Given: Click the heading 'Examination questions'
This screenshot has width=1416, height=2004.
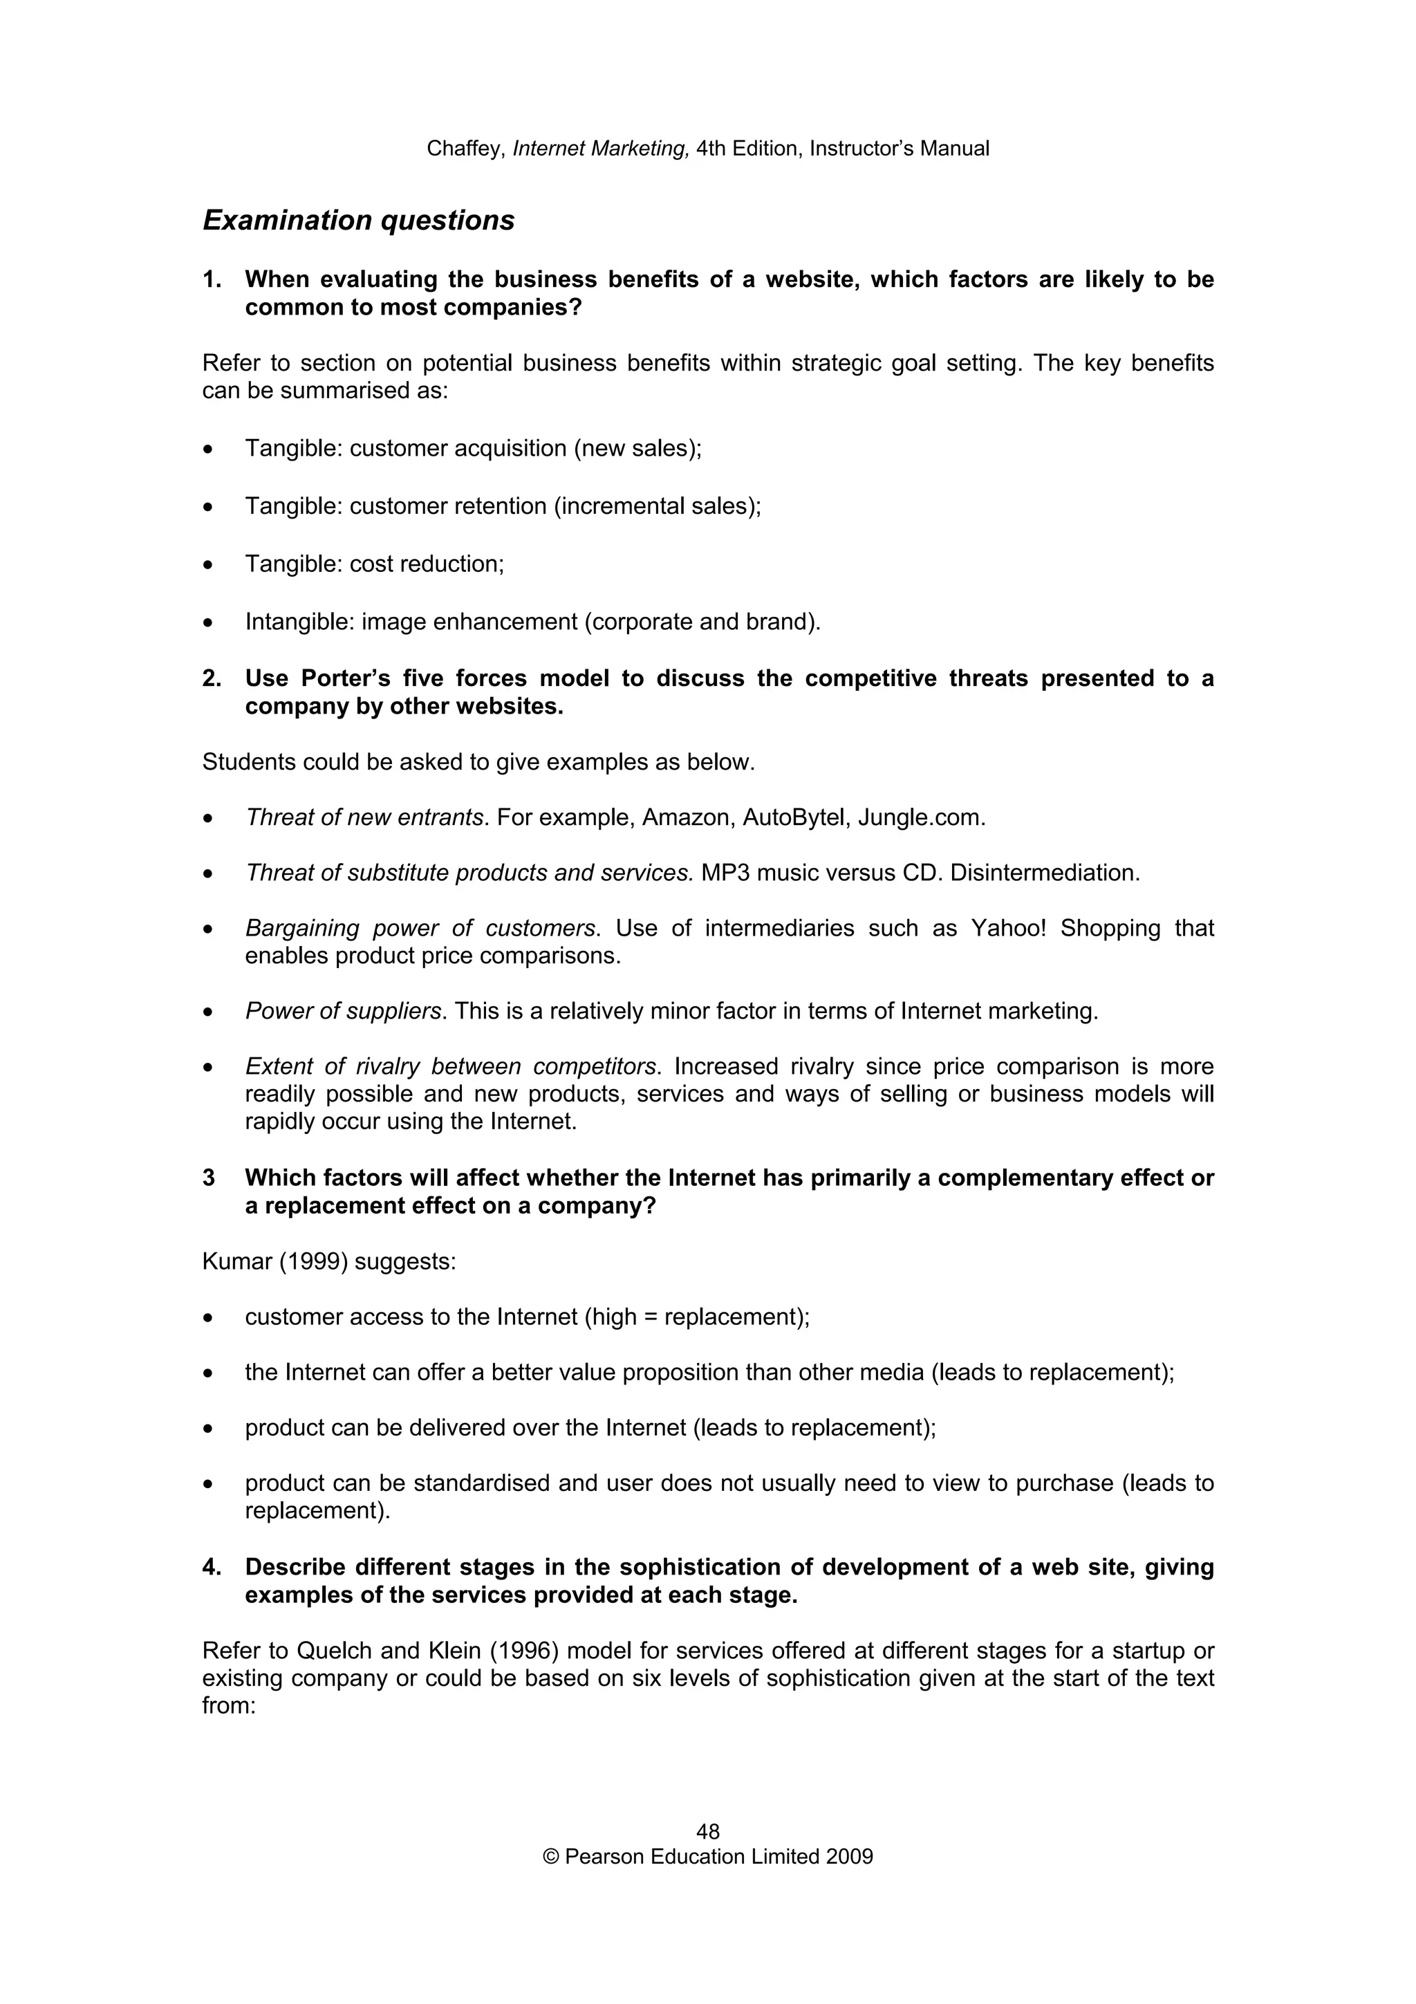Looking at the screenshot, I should click(x=359, y=220).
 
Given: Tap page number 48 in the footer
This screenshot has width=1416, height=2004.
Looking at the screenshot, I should click(x=707, y=1831).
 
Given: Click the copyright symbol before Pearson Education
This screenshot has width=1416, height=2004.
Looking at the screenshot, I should click(x=550, y=1857).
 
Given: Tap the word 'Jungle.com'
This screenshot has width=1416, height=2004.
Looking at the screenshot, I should click(x=922, y=818).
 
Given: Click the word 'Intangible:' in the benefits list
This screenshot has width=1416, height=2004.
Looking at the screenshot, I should click(x=300, y=622).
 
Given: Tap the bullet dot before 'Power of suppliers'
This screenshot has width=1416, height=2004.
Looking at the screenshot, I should click(x=207, y=1012).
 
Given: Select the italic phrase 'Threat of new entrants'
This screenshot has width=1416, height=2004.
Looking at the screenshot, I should click(x=364, y=818).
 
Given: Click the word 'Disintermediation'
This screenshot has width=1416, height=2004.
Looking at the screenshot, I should click(x=1043, y=873).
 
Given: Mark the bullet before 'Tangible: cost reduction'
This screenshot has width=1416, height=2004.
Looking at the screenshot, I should click(x=207, y=566).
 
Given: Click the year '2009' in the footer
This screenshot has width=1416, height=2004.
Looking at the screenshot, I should click(x=850, y=1857).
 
